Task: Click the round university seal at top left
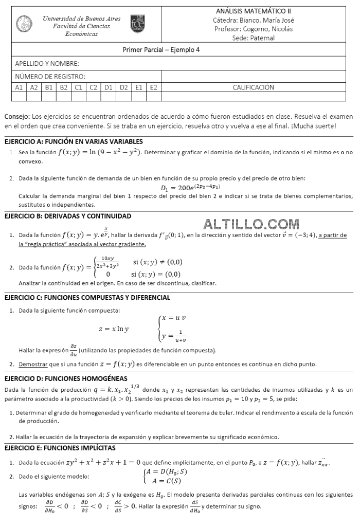(x=24, y=23)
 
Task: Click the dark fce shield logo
(x=138, y=24)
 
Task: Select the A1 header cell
(x=19, y=87)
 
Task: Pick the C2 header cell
(x=93, y=87)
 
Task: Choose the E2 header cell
(x=153, y=87)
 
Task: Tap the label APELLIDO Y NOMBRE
(x=47, y=64)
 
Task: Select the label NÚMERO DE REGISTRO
(x=50, y=77)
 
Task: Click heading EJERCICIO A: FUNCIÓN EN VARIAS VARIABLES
(x=74, y=141)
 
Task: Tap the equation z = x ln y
(x=114, y=329)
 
